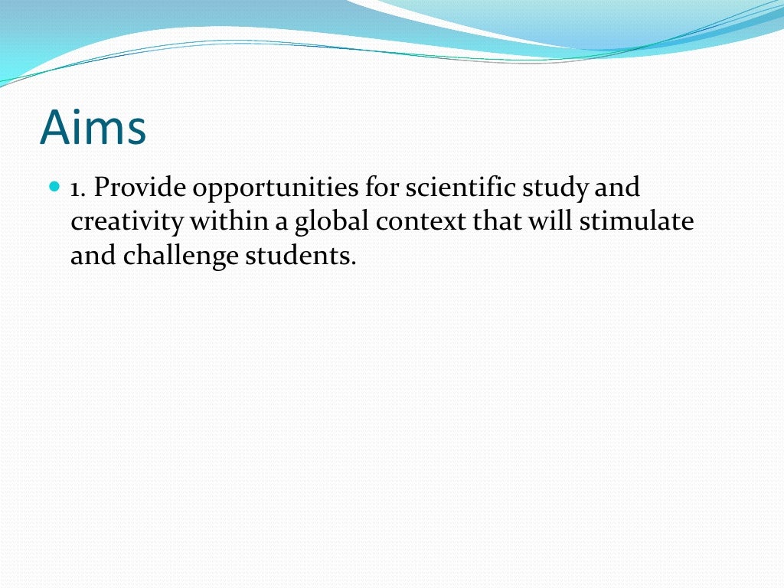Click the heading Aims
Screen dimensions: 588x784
pos(93,127)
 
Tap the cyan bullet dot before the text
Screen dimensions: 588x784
pos(54,186)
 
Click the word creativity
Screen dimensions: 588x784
pos(127,222)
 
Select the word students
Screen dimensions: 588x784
pos(300,256)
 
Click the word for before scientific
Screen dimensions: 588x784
pos(380,187)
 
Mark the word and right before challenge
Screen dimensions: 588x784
pos(92,256)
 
